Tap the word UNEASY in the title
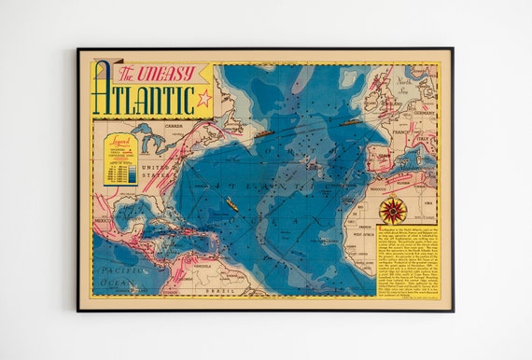pyautogui.click(x=164, y=73)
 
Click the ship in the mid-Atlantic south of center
pyautogui.click(x=231, y=206)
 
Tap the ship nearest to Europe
pyautogui.click(x=352, y=120)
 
